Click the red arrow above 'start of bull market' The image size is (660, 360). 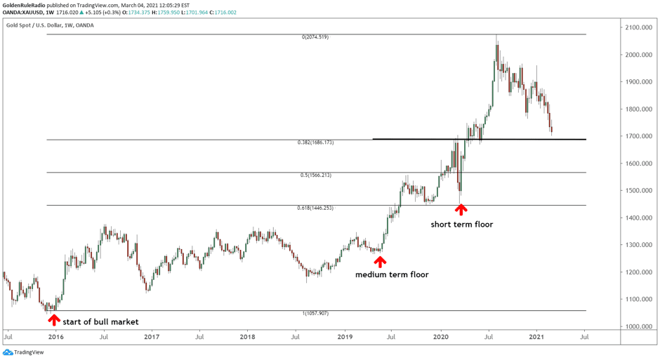pos(53,320)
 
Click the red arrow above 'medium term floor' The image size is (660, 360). pos(380,262)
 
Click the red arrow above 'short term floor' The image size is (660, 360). pos(461,208)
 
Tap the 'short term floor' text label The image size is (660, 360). pos(461,225)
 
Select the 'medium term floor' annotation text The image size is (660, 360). pos(392,274)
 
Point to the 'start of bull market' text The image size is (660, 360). pos(100,322)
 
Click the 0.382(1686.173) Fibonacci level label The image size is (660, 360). pos(315,142)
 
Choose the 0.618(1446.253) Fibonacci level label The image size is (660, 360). pos(315,208)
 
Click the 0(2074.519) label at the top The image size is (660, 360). pos(315,37)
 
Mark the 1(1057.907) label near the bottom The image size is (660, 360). pos(315,313)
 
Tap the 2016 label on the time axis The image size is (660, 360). pos(56,337)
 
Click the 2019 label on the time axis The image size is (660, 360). pos(345,337)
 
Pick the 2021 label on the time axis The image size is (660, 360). pos(537,337)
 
